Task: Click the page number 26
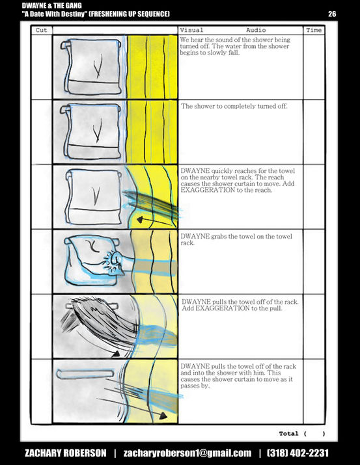coord(332,14)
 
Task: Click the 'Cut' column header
coord(41,31)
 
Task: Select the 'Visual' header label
coord(191,31)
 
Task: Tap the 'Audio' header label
coord(256,31)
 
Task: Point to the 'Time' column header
coord(314,31)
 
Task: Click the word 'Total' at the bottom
coord(288,434)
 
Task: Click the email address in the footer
coord(187,453)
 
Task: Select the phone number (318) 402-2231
coord(298,453)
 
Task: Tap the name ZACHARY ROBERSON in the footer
coord(66,453)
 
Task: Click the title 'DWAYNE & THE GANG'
coord(51,5)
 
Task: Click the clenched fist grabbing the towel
coord(115,260)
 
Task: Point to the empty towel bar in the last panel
coord(85,374)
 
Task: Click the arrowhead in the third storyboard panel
coord(140,220)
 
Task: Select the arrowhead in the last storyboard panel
coord(163,416)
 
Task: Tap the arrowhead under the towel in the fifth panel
coord(116,354)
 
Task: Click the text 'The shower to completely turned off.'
coord(234,106)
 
